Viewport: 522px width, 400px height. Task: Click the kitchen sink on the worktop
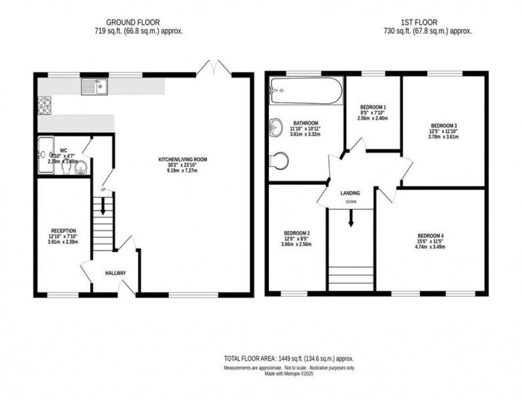click(x=94, y=86)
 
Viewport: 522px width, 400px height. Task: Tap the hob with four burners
click(x=44, y=105)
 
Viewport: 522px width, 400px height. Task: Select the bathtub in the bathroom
click(x=306, y=91)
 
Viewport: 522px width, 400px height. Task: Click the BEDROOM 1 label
click(x=373, y=107)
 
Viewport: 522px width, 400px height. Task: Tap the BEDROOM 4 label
click(x=430, y=236)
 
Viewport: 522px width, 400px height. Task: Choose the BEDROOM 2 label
click(x=297, y=233)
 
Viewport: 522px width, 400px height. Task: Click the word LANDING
click(x=350, y=193)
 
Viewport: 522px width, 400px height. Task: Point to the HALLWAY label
click(x=116, y=273)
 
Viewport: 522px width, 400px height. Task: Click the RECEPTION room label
click(x=63, y=231)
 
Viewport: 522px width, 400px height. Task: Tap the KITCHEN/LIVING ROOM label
click(x=182, y=159)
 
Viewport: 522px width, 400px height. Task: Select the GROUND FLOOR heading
click(x=129, y=22)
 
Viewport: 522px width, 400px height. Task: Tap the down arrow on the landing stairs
click(x=350, y=219)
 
